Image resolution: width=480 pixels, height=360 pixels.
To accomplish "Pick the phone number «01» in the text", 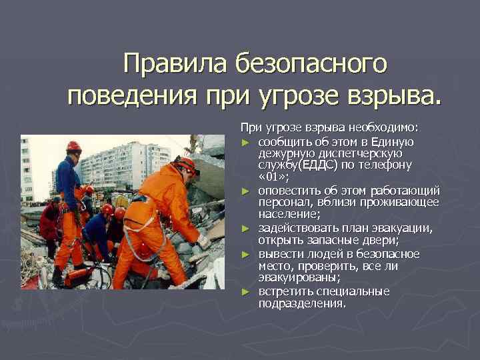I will [273, 175].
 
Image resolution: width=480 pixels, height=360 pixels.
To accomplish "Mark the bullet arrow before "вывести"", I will [246, 255].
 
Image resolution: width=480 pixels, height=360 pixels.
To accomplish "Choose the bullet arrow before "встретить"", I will [246, 292].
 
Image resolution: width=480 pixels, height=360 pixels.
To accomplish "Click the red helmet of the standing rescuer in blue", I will [73, 146].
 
